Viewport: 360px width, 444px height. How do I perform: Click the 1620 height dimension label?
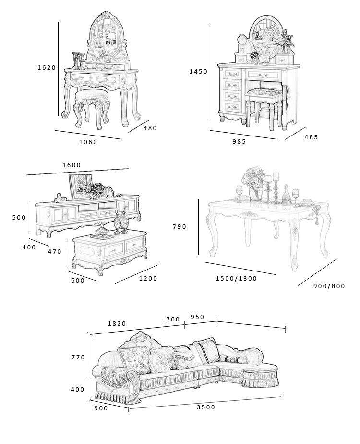47,68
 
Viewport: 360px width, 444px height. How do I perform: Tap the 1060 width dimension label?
88,142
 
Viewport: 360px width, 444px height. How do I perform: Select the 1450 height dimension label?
198,72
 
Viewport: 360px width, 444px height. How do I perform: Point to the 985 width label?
239,141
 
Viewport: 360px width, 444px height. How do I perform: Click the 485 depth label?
311,137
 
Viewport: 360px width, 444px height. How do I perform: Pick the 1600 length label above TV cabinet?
72,165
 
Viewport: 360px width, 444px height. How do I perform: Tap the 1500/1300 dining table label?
236,279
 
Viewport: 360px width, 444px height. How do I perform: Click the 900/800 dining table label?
329,286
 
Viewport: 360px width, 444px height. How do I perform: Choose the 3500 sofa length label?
206,407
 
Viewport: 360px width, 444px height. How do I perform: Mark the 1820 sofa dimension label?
117,324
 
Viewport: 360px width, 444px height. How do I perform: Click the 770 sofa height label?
78,358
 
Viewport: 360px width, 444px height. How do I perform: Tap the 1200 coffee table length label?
148,279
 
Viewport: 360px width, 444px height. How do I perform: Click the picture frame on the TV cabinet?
80,185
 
